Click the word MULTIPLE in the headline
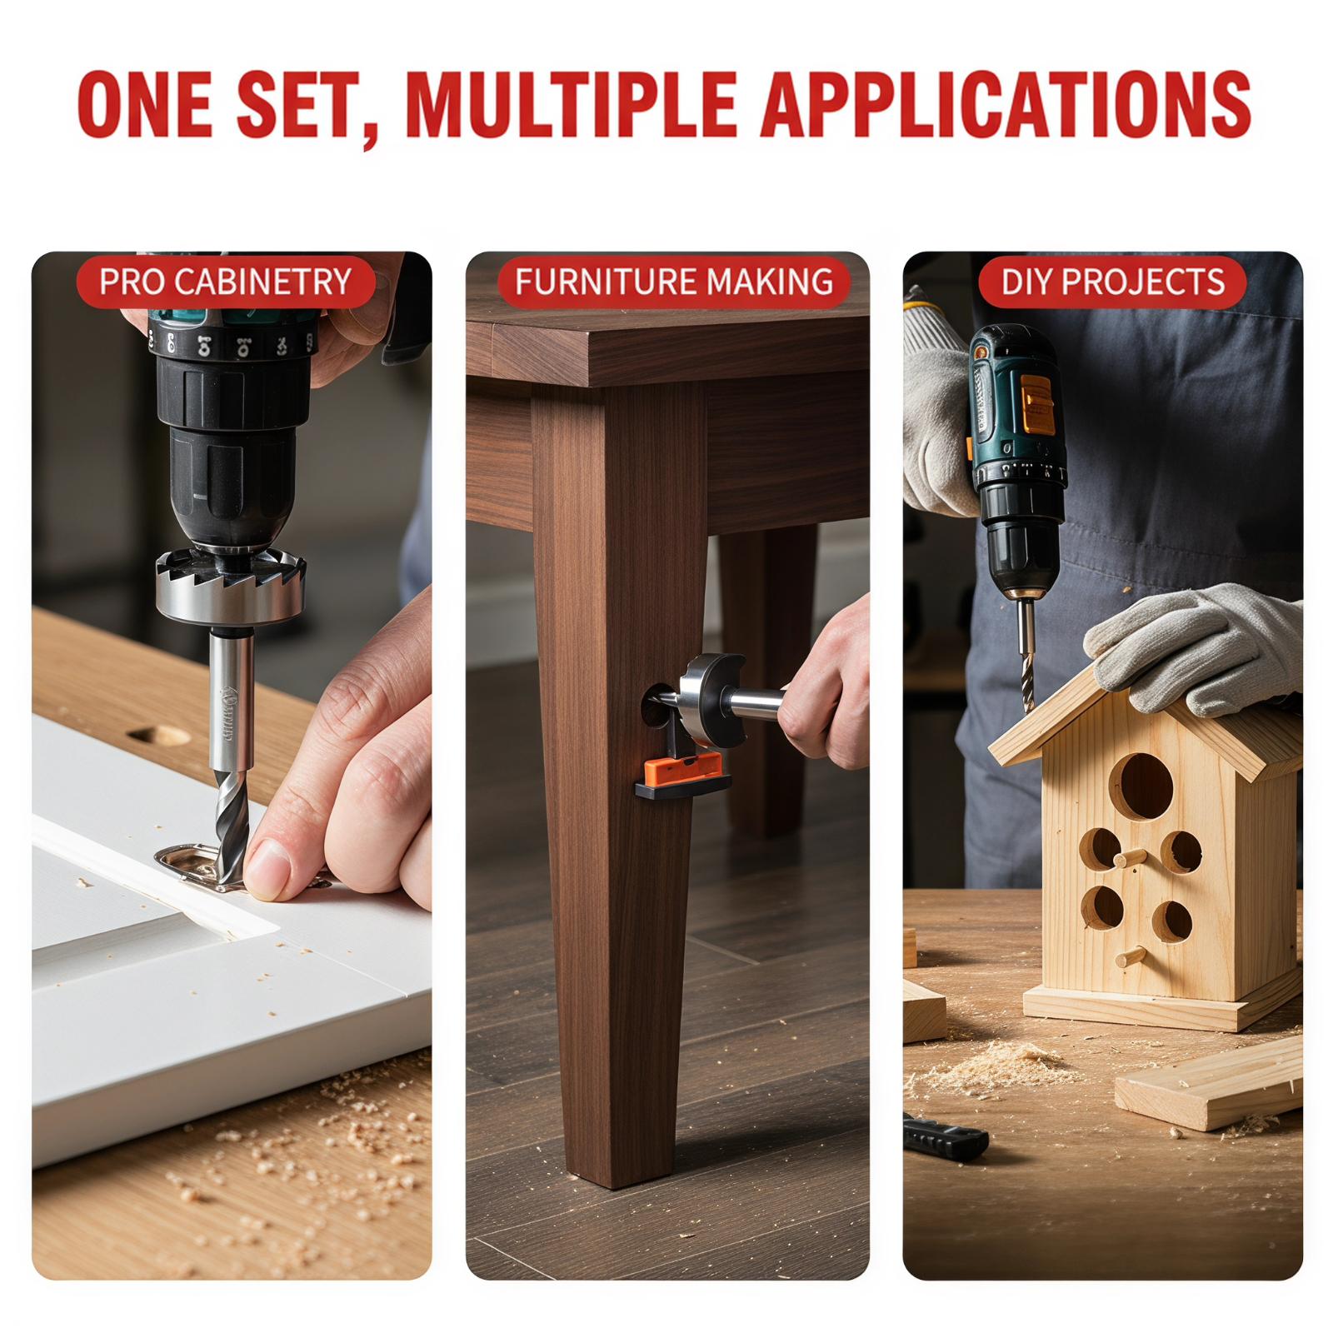point(573,105)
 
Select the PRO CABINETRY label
point(225,282)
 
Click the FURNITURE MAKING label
point(674,282)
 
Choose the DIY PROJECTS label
point(1113,282)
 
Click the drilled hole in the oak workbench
point(159,734)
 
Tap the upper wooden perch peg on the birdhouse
point(1130,858)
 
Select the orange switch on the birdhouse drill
point(1038,403)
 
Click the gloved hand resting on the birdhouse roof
point(1194,647)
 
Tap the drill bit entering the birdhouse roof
point(1026,653)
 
